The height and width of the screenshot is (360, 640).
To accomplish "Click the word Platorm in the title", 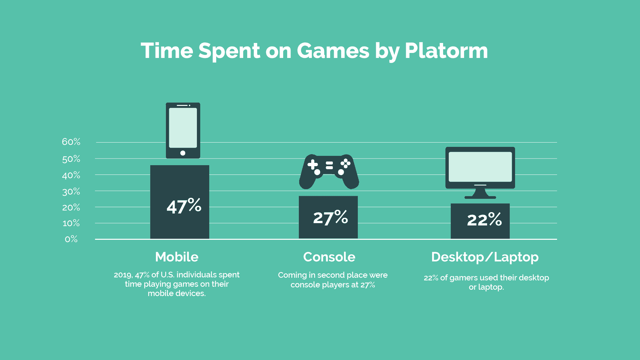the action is [x=446, y=51].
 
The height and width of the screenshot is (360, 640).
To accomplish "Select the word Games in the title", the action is [x=333, y=51].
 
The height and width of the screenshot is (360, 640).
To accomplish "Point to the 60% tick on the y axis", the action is [x=71, y=142].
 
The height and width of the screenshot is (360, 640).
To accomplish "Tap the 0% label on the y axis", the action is [x=71, y=239].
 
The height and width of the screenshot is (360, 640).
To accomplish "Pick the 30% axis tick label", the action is [x=71, y=192].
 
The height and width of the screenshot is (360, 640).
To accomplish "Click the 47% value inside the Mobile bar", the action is [x=184, y=205].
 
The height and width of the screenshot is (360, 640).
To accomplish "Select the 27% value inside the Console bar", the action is [x=330, y=217].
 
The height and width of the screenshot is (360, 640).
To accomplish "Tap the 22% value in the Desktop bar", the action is [x=484, y=219].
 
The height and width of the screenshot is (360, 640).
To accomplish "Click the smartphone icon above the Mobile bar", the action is [x=183, y=131].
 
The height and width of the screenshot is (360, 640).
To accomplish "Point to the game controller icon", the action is [x=329, y=172].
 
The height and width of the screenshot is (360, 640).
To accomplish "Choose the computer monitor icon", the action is [x=480, y=173].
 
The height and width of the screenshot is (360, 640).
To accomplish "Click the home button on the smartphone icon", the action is [x=183, y=153].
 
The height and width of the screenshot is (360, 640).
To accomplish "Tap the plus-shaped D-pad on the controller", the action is [x=313, y=165].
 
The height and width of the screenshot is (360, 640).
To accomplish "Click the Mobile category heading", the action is [x=177, y=257].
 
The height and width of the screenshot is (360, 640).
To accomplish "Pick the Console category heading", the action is [x=329, y=257].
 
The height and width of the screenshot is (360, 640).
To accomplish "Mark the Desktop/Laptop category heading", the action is [x=485, y=257].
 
